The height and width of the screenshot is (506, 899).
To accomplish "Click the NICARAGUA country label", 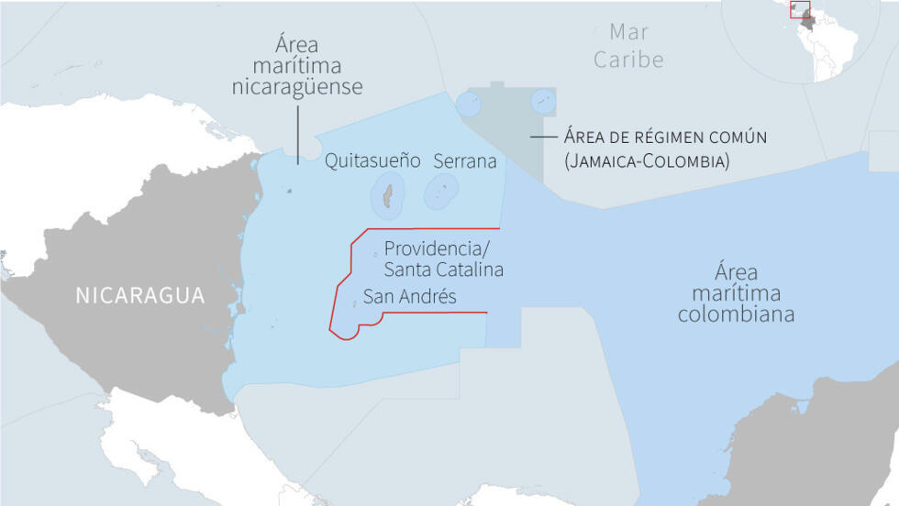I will point(139,295).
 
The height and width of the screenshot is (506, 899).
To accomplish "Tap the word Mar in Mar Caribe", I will point(628,32).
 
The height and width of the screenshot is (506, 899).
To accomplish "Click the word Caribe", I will point(628,60).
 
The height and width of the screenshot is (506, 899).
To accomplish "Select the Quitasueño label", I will point(372,161).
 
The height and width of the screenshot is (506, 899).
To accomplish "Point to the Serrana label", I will point(464,161).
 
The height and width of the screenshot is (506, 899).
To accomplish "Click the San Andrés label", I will point(409,296).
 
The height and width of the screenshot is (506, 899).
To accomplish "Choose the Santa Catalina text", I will point(444,269).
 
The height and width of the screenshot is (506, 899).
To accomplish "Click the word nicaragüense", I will point(297,88).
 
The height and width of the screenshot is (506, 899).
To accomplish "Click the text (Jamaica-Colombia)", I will point(647,161).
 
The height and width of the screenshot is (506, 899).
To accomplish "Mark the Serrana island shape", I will point(441,191).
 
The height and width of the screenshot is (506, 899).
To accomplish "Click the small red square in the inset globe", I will point(801,10).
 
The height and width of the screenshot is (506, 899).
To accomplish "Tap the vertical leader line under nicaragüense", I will point(297,133).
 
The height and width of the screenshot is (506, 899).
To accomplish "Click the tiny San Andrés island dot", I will point(355,302).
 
